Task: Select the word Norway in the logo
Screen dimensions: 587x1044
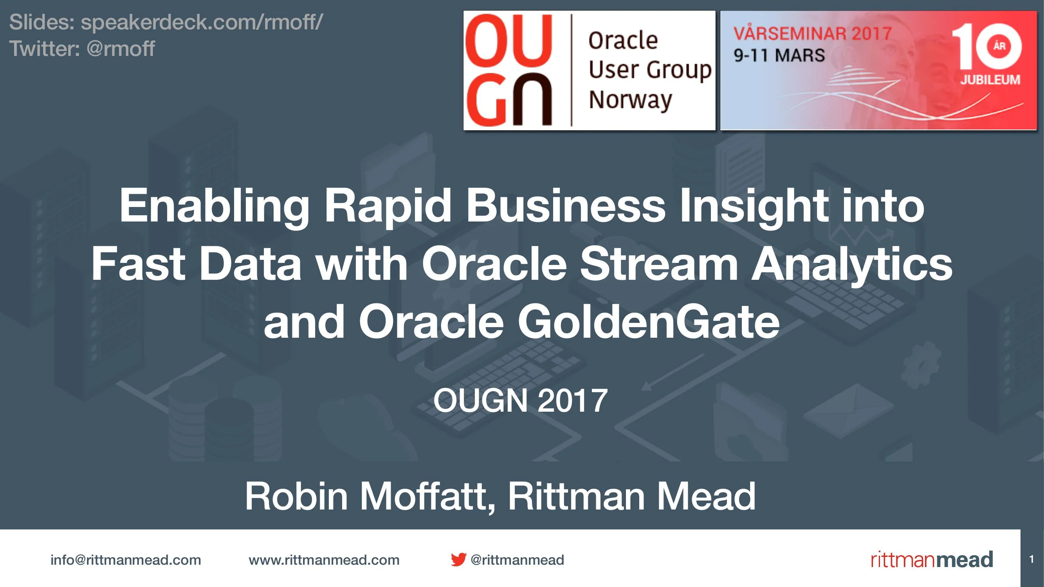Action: [x=630, y=100]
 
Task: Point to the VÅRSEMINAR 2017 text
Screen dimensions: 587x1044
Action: [x=813, y=34]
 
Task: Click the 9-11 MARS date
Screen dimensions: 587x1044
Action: [x=779, y=56]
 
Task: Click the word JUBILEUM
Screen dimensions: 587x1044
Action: [x=990, y=80]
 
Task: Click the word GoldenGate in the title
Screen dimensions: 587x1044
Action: [x=649, y=322]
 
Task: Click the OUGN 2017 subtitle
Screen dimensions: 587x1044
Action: [x=520, y=401]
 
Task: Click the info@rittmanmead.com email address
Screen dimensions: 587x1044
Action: [x=126, y=560]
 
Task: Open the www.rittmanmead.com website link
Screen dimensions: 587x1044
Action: [x=324, y=560]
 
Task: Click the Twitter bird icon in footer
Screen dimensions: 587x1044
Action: [x=458, y=560]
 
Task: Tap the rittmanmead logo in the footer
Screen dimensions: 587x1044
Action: [x=932, y=560]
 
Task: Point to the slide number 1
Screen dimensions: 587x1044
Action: [x=1031, y=560]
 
